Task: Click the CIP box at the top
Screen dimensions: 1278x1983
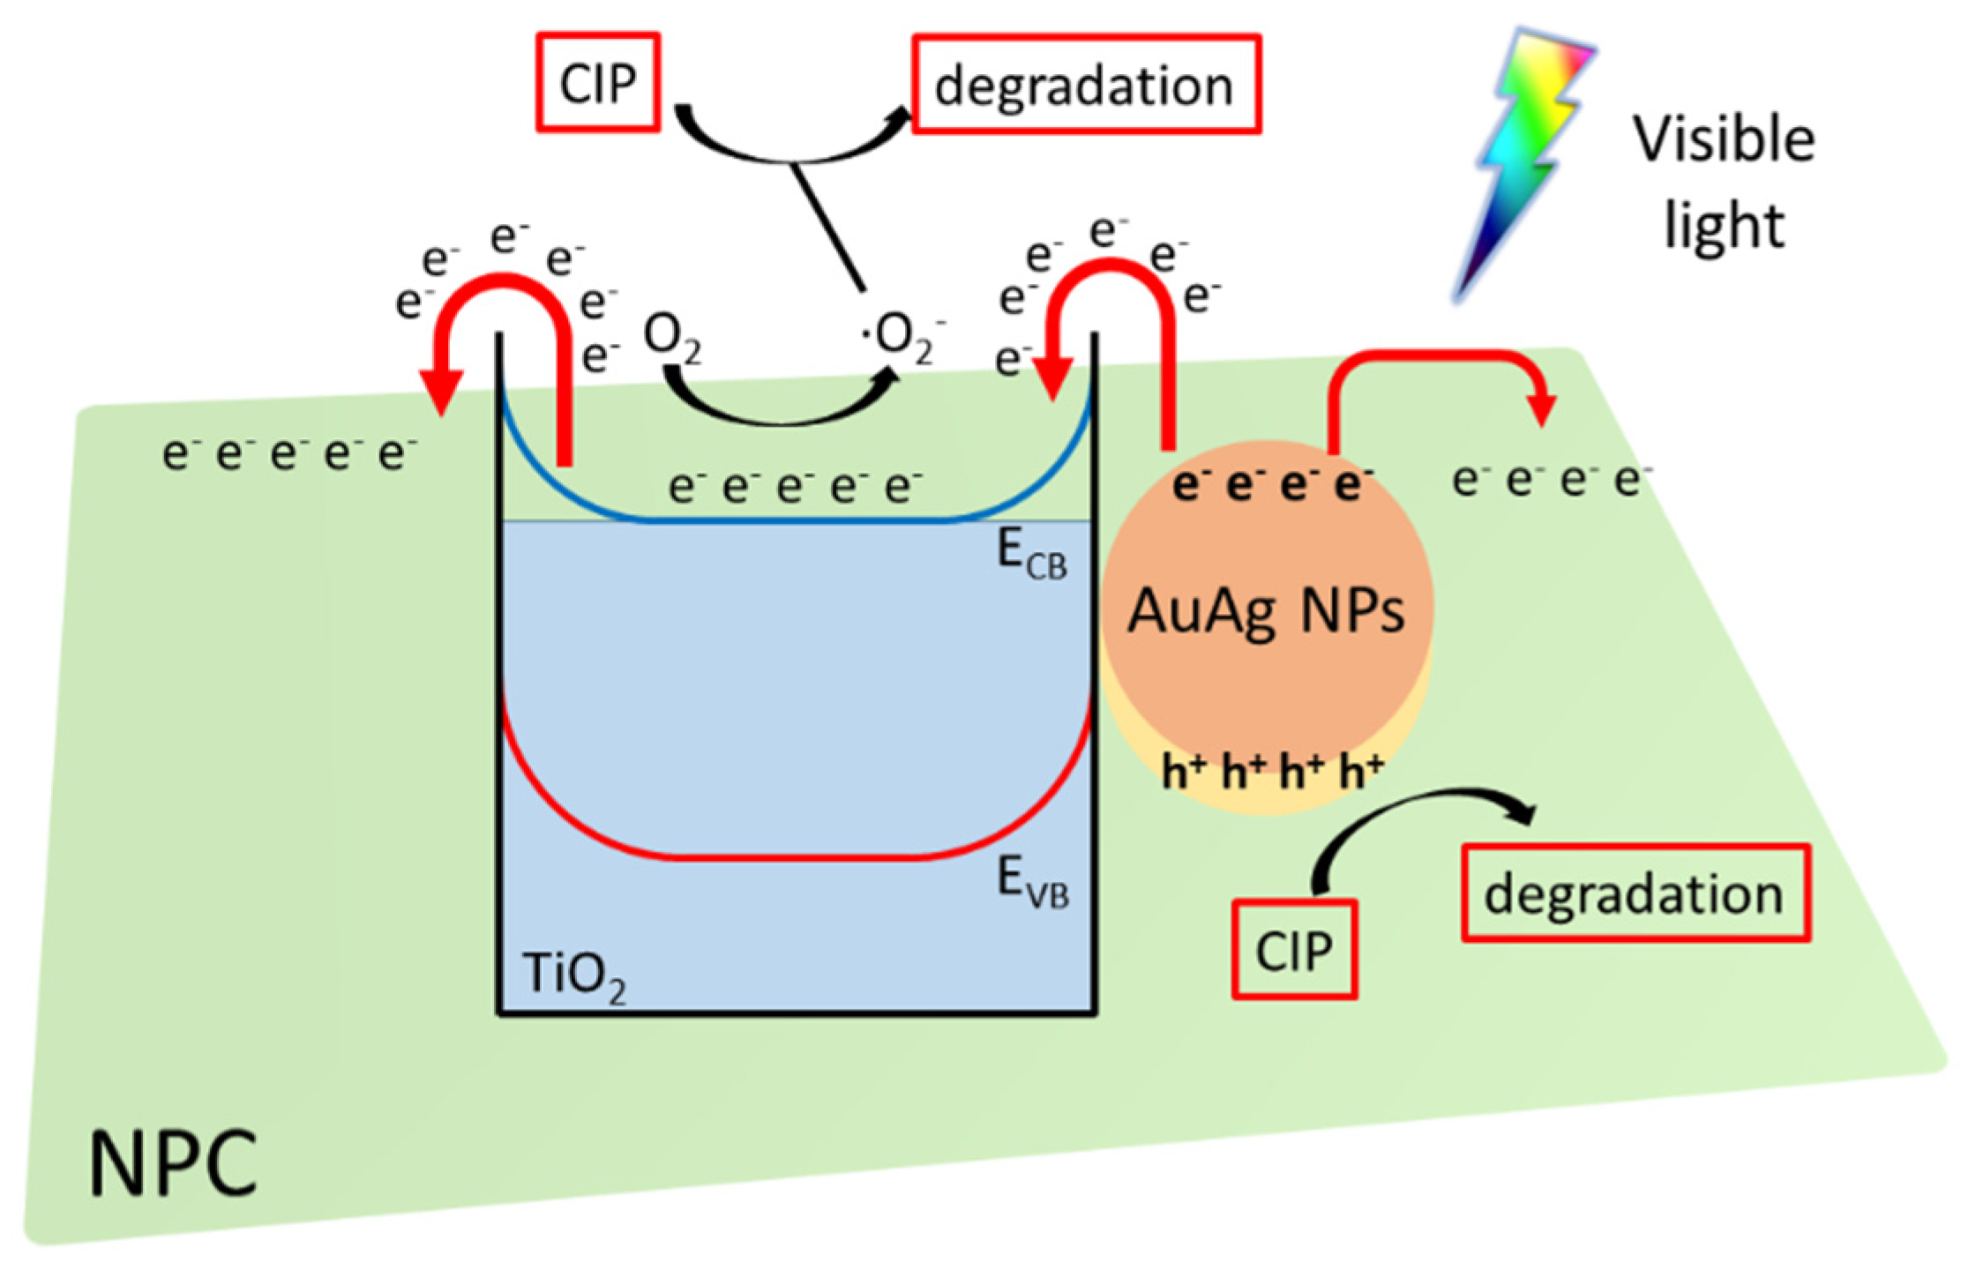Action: click(598, 84)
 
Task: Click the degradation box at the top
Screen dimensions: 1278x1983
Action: click(1085, 86)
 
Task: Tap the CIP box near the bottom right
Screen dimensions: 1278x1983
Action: click(1293, 950)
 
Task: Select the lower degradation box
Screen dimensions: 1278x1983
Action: click(1635, 893)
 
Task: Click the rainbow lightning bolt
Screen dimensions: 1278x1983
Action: click(1522, 159)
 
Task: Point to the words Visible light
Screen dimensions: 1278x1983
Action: click(1722, 181)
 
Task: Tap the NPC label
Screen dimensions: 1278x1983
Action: click(172, 1164)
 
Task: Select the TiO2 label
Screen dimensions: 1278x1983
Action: click(573, 975)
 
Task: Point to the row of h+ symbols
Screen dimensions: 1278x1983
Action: click(1270, 774)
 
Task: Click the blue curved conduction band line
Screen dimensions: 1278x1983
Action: click(794, 520)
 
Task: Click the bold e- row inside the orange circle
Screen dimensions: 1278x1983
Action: click(1270, 485)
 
